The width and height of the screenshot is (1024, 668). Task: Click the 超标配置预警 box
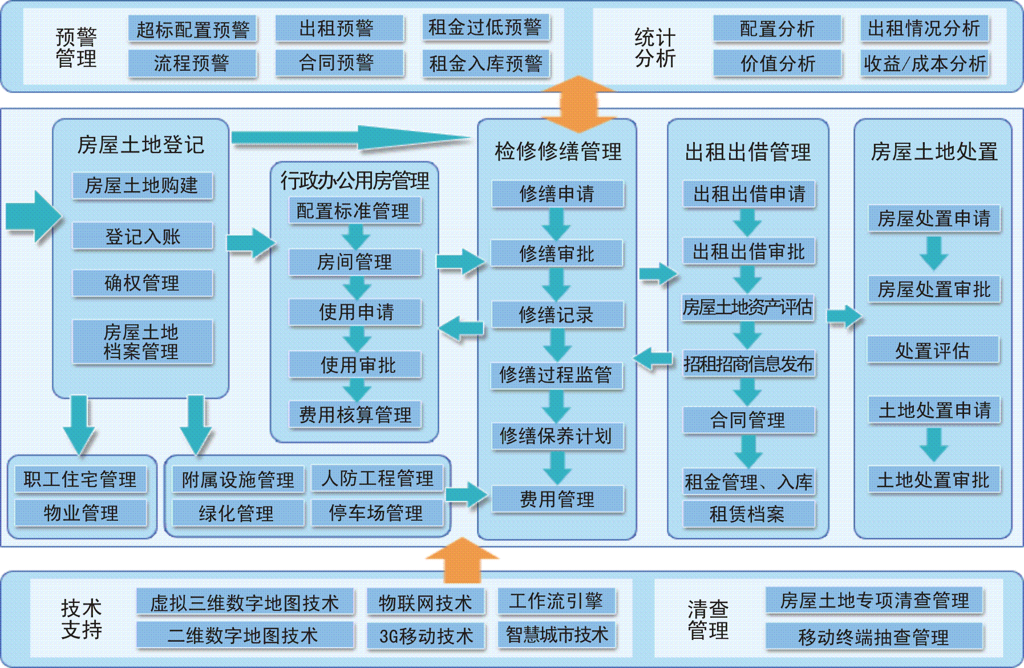[193, 29]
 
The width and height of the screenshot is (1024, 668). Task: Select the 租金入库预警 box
[485, 63]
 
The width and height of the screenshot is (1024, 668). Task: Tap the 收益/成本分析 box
[924, 63]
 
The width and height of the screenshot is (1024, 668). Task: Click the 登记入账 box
[143, 236]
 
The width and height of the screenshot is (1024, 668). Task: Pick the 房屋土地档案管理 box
[143, 341]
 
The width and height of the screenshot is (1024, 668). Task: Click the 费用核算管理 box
[355, 415]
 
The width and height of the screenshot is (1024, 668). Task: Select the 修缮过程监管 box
[557, 375]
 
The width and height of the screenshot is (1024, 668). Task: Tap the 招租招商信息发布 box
[748, 364]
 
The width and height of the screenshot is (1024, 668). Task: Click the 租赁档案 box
[748, 514]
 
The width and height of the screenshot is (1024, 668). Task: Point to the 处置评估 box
[933, 350]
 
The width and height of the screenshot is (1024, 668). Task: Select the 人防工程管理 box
[377, 478]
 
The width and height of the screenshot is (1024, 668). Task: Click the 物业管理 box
[80, 513]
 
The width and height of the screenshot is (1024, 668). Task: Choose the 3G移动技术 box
[426, 635]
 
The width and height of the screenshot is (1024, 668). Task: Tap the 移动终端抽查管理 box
[874, 636]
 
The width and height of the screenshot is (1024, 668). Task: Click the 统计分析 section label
[655, 47]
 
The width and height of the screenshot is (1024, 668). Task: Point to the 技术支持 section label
[81, 619]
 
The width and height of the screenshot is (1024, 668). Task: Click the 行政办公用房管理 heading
[355, 181]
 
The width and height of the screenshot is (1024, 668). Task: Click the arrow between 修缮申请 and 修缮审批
[556, 224]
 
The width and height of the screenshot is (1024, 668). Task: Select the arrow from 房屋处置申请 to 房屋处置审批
[934, 253]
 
